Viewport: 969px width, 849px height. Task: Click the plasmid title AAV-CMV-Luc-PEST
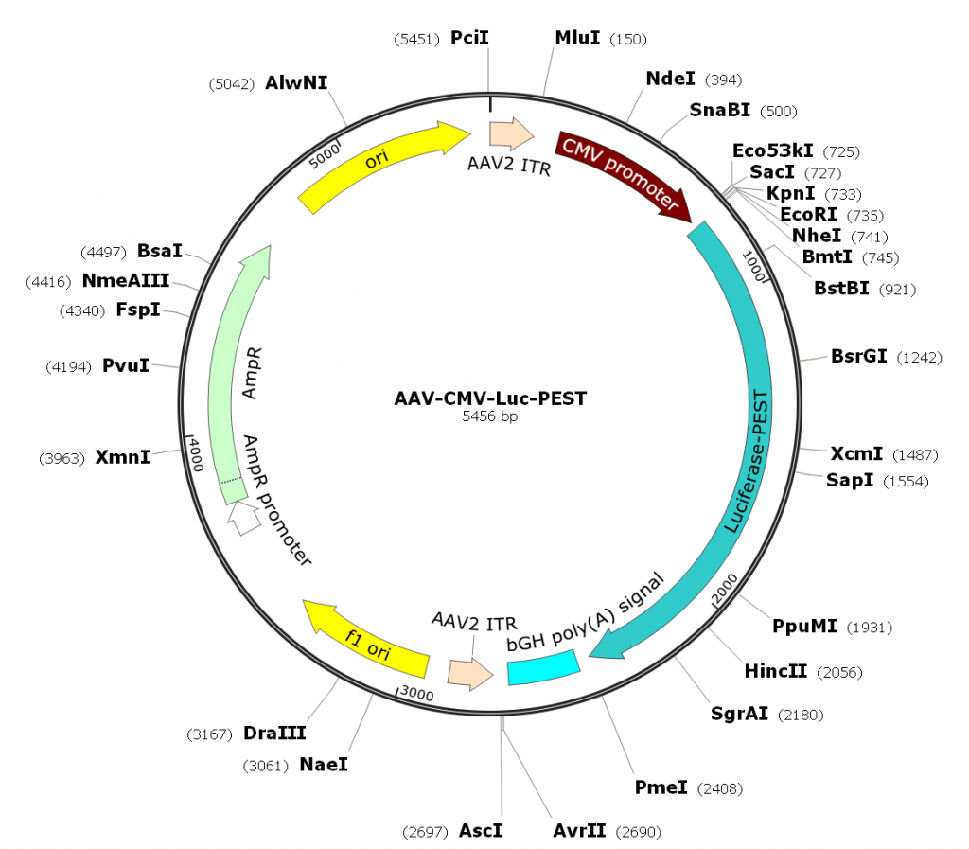tap(489, 398)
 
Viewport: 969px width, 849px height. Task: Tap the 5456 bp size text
tap(489, 416)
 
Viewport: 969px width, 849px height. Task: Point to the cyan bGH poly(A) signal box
tap(543, 669)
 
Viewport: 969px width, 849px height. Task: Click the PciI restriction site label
tap(470, 38)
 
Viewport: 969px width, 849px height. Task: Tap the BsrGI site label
tap(858, 357)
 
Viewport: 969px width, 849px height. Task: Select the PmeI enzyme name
tap(661, 787)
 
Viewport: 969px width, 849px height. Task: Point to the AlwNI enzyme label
tap(296, 82)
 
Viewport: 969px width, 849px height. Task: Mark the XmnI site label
tap(122, 458)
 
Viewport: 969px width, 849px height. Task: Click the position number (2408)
tap(719, 788)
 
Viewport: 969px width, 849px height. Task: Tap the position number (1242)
tap(918, 358)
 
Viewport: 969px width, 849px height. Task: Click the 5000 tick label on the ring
tap(324, 154)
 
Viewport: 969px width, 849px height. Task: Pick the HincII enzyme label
tap(775, 671)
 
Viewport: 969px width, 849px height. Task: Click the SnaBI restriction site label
tap(719, 110)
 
